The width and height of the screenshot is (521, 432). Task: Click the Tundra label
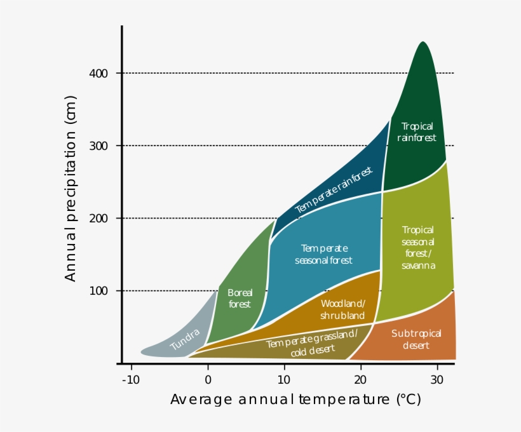185,340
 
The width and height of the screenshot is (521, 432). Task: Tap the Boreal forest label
240,298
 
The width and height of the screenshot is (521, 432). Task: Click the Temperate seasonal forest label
324,254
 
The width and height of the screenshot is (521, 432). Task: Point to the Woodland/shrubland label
342,309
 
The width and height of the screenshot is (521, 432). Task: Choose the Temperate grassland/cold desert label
311,343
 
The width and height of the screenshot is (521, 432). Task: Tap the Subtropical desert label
416,339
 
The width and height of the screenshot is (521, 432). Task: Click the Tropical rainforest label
417,132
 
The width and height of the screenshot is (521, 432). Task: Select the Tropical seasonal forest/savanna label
418,248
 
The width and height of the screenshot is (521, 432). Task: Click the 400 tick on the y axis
98,74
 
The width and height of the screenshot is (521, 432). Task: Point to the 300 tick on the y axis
98,146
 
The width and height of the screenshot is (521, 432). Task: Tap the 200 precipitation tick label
98,219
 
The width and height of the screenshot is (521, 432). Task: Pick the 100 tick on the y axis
98,291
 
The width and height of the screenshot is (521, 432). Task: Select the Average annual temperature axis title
295,400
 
